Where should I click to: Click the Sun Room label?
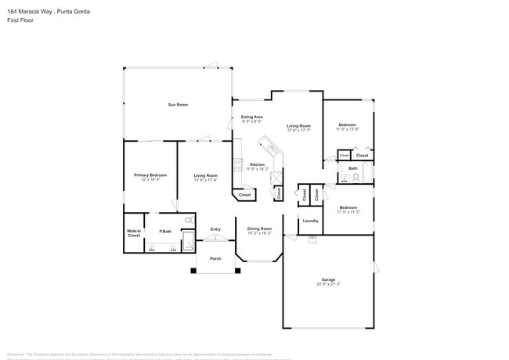pos(178,104)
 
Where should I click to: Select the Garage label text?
pos(328,279)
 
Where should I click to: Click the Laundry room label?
pos(310,221)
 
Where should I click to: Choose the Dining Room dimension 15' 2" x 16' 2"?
pos(259,233)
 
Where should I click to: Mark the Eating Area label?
pos(251,117)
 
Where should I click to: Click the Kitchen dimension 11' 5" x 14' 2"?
pos(258,168)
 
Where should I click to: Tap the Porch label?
pos(215,258)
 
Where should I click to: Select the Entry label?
pos(215,229)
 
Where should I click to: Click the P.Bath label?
pos(165,231)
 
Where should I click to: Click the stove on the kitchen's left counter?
pos(236,165)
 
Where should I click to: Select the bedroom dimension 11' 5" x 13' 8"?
pos(348,129)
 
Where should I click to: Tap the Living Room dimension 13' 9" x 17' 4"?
pos(205,179)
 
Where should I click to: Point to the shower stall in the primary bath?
pos(189,240)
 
